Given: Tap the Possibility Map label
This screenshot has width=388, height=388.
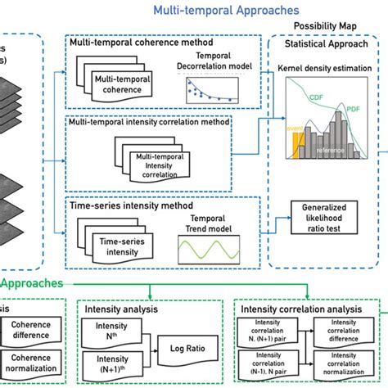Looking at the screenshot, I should (x=320, y=27).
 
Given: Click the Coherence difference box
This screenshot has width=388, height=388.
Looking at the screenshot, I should (x=35, y=331).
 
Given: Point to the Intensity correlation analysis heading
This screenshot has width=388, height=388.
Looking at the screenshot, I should (x=302, y=310).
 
